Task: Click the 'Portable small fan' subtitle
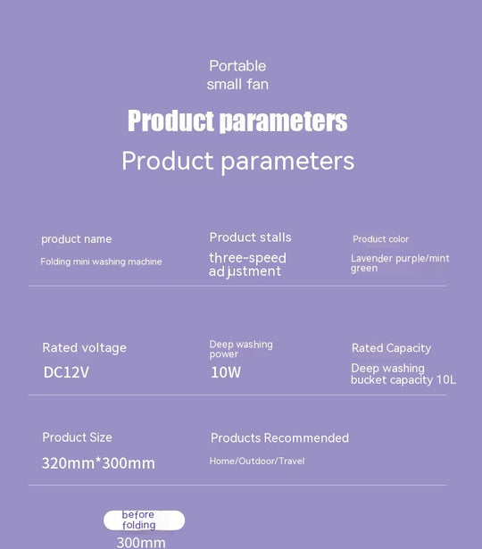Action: pos(237,75)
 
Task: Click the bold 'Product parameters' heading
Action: pos(237,121)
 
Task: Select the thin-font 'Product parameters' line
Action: pos(237,161)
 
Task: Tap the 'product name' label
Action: pos(77,239)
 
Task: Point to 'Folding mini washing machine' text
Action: pos(101,262)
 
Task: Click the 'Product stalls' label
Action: pos(250,237)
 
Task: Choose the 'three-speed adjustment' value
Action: pos(247,264)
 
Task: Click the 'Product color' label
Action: pos(380,239)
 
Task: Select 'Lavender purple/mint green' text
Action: pos(400,262)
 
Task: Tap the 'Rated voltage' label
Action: pos(84,348)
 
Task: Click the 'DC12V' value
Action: pos(66,372)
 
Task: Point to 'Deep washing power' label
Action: pos(241,349)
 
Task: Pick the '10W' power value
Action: pos(226,372)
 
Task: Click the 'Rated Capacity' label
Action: pos(391,348)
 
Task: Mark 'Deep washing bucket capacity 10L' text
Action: pos(403,374)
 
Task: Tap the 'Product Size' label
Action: pos(77,437)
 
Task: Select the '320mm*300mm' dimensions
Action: pos(98,463)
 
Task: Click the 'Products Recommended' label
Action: pos(279,438)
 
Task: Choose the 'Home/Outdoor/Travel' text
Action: pos(256,461)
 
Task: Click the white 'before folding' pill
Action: pos(144,520)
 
